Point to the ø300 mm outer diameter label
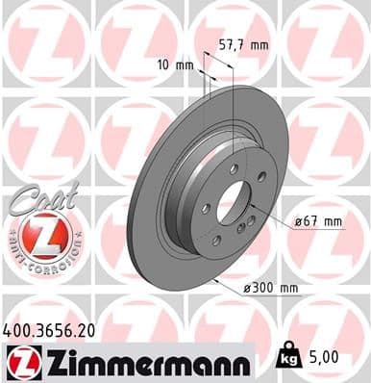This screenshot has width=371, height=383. click(274, 288)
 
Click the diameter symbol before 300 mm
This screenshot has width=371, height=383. click(247, 288)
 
